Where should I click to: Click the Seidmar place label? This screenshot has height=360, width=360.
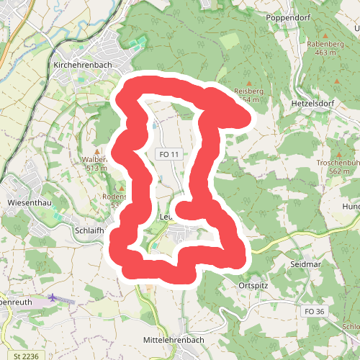305,264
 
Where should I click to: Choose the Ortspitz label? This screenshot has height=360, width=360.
252,286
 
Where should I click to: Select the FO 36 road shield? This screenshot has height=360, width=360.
315,311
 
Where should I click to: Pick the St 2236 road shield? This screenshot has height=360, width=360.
25,355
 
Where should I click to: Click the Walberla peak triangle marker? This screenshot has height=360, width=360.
98,151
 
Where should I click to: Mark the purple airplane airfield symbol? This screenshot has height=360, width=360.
53,297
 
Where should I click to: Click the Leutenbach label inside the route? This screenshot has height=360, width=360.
167,216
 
